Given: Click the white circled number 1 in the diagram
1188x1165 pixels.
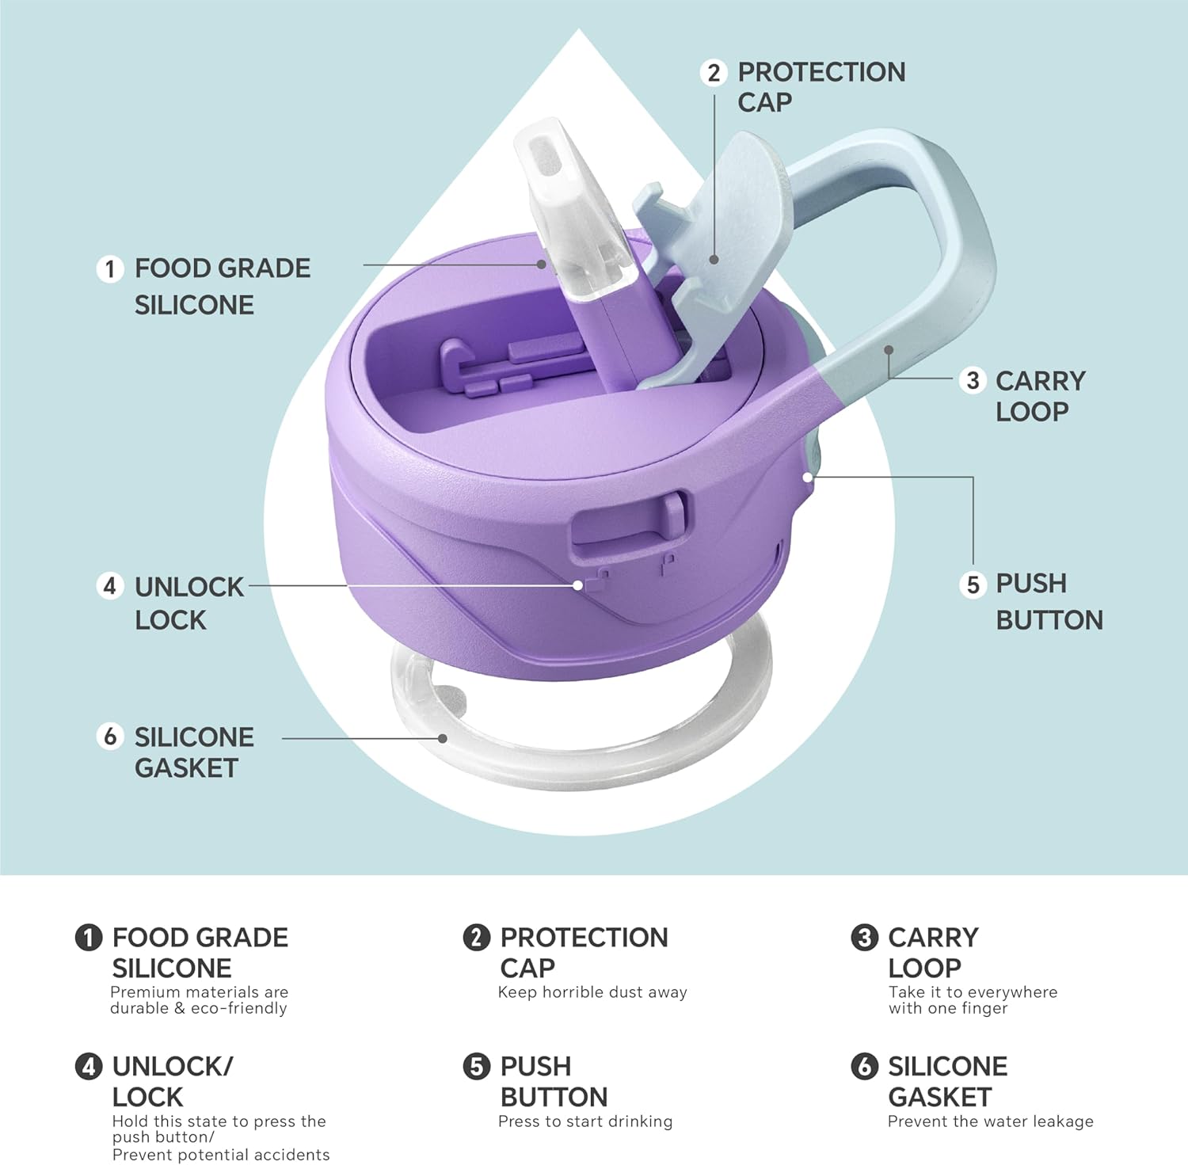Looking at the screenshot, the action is [110, 268].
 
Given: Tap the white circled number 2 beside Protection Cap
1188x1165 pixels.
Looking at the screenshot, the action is [714, 73].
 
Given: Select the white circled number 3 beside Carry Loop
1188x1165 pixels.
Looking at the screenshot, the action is [973, 381].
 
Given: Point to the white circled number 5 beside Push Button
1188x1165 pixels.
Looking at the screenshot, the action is [973, 585].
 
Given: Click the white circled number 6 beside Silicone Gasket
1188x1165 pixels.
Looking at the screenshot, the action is [110, 737].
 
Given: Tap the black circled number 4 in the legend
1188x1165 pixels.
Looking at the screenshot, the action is [89, 1067].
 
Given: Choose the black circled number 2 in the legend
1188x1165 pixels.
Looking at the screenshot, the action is [476, 938].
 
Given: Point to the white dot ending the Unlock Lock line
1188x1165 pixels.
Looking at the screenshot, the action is [578, 585].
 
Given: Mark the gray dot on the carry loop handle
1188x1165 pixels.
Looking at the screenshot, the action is [889, 349].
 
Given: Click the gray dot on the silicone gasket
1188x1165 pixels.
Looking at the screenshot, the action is [443, 738].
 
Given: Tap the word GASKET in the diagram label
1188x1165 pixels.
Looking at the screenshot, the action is [186, 768].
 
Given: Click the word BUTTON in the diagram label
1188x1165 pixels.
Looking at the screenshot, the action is [1049, 620].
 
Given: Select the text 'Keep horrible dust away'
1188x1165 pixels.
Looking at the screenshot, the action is [592, 992].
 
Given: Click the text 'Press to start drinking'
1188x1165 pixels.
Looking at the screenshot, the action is [585, 1121].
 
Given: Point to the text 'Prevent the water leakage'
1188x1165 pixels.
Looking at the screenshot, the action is [990, 1121].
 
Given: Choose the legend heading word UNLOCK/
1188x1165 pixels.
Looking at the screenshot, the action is [173, 1067].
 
